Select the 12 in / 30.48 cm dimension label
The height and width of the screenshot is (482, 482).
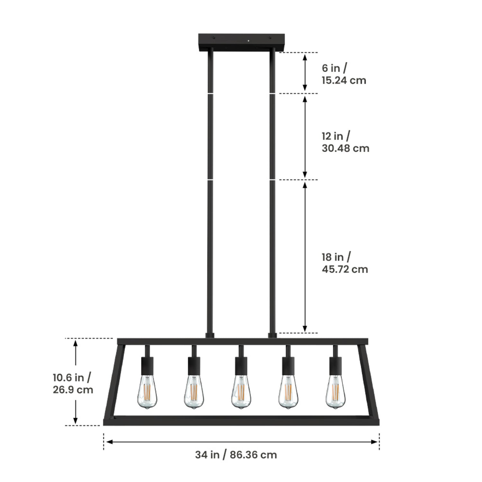[x=345, y=142]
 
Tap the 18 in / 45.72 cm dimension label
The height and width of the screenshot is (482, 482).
[x=345, y=263]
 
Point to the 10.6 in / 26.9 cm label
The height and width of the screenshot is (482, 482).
[x=73, y=383]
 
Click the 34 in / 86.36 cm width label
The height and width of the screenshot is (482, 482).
[x=236, y=455]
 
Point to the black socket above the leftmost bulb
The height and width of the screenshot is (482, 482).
[x=147, y=366]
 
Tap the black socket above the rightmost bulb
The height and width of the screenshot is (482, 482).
[x=335, y=366]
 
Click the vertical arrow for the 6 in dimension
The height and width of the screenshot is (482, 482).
[x=305, y=73]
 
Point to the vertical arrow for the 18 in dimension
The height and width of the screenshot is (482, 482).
[x=305, y=256]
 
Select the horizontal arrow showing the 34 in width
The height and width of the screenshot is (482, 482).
[x=241, y=442]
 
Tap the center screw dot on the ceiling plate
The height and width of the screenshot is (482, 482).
[x=249, y=40]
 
